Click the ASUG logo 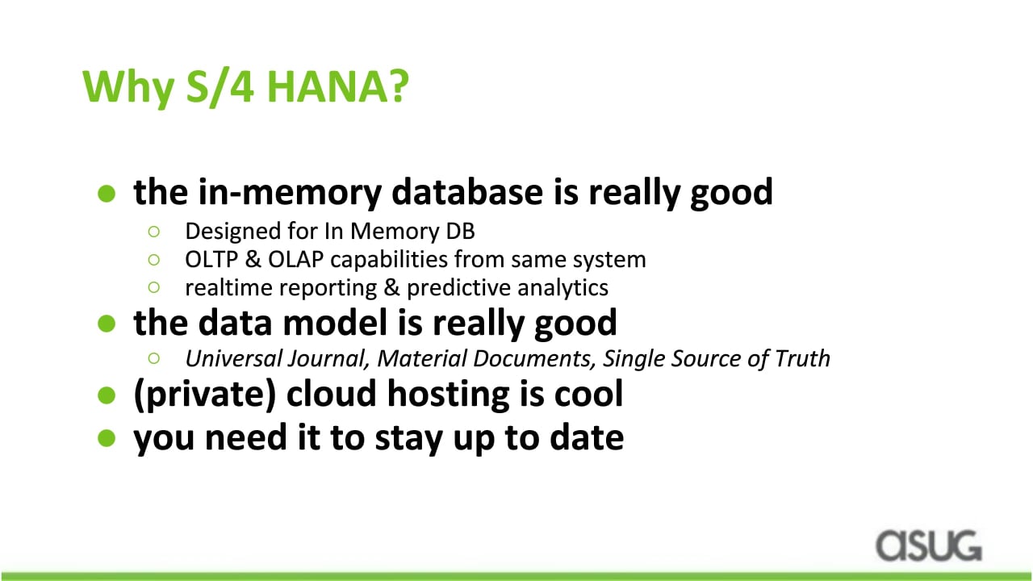[x=929, y=545]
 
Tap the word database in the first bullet [x=467, y=191]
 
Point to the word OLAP [x=295, y=260]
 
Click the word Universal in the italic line [x=233, y=358]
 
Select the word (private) [x=204, y=395]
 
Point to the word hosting [x=448, y=395]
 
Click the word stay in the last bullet [x=408, y=438]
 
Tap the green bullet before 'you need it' [x=107, y=438]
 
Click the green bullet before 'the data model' [x=107, y=324]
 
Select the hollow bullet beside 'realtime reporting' [x=154, y=288]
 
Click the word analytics [x=563, y=288]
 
